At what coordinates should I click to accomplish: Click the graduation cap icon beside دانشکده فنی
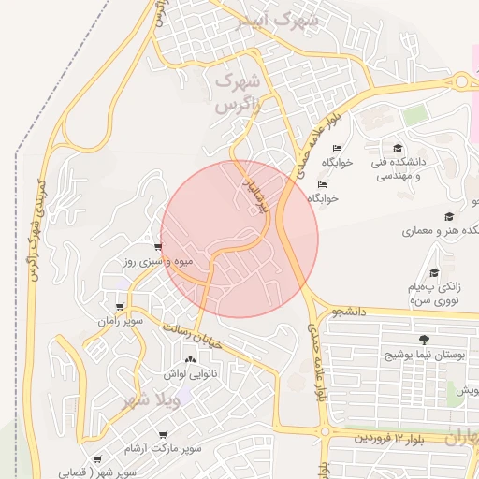pos(397,148)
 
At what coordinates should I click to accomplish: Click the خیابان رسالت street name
pos(193,335)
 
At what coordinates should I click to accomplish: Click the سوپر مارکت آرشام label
pos(166,450)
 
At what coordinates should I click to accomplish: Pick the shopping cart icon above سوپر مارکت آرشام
pos(164,435)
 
